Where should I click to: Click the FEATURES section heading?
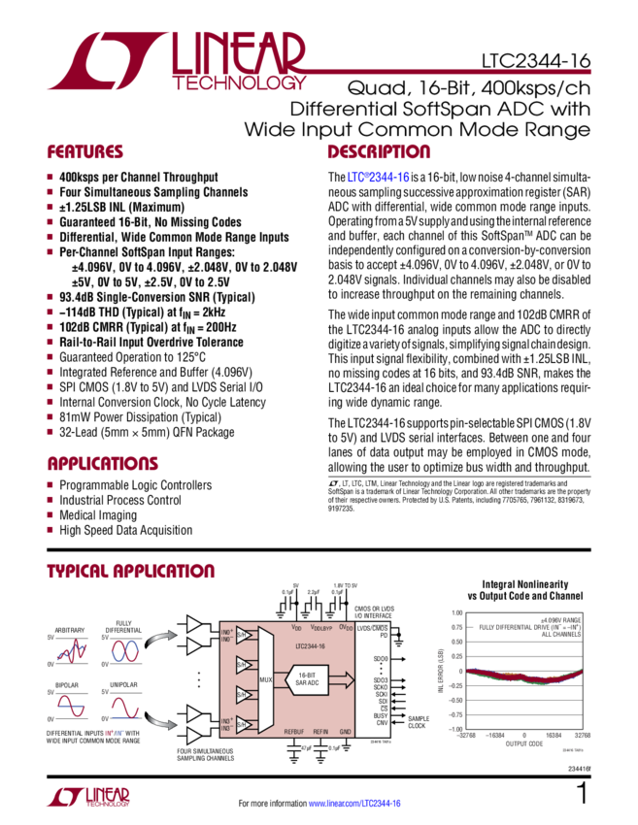coord(86,152)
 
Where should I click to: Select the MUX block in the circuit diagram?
coord(264,682)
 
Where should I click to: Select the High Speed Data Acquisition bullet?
coord(126,530)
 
